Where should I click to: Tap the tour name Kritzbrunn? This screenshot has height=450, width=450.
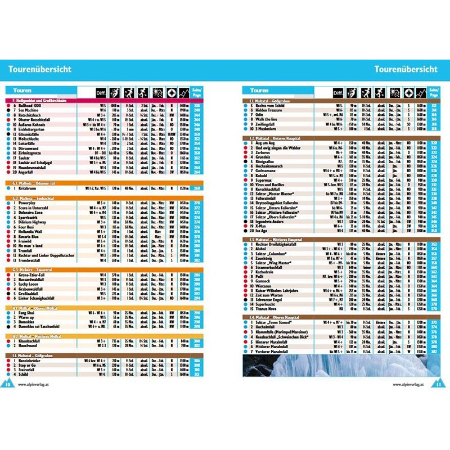29,188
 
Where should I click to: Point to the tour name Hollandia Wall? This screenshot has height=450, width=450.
34,231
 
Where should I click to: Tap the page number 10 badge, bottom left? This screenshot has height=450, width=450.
8,384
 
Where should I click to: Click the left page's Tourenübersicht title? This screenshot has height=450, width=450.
39,69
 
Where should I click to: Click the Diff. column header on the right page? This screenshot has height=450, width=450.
338,92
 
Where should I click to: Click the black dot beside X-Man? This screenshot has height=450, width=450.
246,225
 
